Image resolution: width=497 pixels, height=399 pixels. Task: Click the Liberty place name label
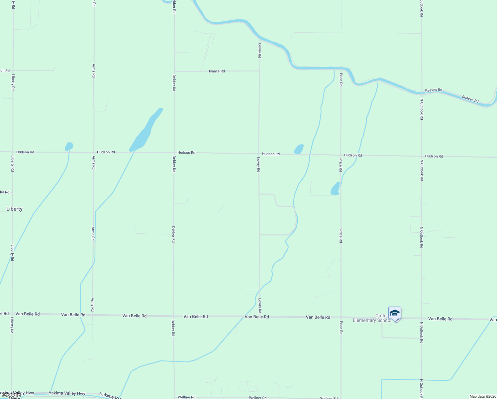coord(15,209)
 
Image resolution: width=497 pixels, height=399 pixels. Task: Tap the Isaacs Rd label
coord(217,71)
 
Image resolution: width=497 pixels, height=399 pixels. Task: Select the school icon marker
coord(395,313)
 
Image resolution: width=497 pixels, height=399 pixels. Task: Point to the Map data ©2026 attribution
coord(482,396)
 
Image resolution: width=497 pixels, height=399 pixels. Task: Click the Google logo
coord(11,395)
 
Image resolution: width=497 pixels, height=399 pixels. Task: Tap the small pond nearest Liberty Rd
coord(69,146)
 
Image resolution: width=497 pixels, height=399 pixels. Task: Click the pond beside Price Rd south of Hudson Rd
coord(335,189)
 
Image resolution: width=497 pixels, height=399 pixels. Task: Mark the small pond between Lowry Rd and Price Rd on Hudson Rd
coord(299,149)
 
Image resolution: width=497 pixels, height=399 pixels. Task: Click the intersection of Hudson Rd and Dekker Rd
coord(174,153)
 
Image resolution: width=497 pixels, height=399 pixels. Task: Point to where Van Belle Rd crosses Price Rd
coord(341,318)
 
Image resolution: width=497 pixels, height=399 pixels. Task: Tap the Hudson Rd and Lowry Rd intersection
coord(259,154)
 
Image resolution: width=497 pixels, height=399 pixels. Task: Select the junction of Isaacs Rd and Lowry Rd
coord(259,71)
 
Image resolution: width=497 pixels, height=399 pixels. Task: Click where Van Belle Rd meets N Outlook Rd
coord(422,319)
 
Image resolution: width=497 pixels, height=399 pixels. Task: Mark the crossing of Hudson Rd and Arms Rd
coord(94,152)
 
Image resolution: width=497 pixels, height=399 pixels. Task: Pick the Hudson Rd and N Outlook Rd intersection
coord(422,156)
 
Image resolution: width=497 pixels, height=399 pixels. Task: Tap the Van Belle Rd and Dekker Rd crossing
coord(173,316)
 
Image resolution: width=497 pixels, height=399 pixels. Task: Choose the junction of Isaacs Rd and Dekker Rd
coord(174,71)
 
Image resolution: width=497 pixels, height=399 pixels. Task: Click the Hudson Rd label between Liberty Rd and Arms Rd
coord(25,152)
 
